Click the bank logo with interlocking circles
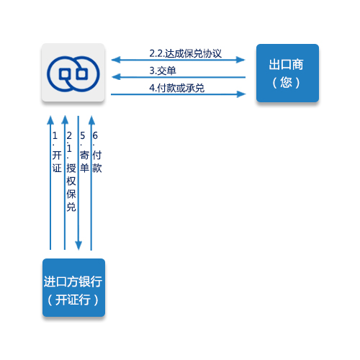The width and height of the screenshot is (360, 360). pyautogui.click(x=73, y=74)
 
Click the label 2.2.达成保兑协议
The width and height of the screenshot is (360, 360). pyautogui.click(x=185, y=53)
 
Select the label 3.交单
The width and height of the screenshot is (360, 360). pyautogui.click(x=163, y=71)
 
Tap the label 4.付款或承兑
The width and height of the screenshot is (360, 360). pyautogui.click(x=176, y=88)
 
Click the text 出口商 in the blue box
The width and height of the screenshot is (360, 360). pyautogui.click(x=286, y=64)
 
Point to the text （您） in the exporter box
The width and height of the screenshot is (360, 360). pyautogui.click(x=286, y=83)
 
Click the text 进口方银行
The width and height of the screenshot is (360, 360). pyautogui.click(x=73, y=282)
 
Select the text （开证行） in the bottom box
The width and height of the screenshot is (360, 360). pyautogui.click(x=73, y=300)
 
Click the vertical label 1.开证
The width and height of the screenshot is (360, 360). pyautogui.click(x=57, y=152)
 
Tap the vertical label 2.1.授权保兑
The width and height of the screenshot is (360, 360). pyautogui.click(x=71, y=171)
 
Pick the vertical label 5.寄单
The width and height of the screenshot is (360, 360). pyautogui.click(x=84, y=152)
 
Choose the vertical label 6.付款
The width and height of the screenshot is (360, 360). pyautogui.click(x=97, y=152)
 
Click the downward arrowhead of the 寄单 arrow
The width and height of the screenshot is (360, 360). pyautogui.click(x=78, y=246)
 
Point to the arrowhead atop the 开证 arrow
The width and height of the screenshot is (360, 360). pyautogui.click(x=50, y=120)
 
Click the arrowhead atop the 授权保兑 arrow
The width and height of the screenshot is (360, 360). pyautogui.click(x=65, y=120)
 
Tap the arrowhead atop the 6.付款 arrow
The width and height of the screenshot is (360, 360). pyautogui.click(x=91, y=120)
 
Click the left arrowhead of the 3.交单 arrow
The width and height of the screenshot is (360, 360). pyautogui.click(x=116, y=77)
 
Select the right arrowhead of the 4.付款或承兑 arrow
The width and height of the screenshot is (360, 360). pyautogui.click(x=241, y=94)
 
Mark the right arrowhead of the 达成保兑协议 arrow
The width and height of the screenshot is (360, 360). pyautogui.click(x=240, y=60)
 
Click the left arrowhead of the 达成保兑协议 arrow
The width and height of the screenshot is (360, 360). pyautogui.click(x=116, y=60)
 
